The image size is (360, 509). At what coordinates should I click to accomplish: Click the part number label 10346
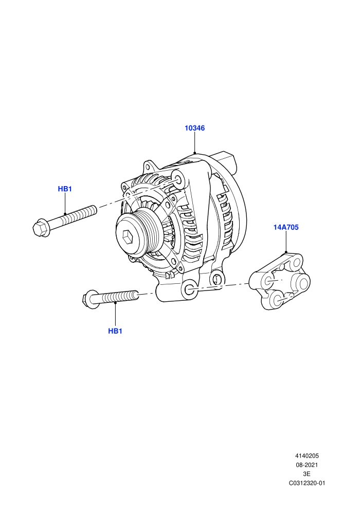click(195, 128)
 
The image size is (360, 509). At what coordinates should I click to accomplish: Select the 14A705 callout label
click(285, 227)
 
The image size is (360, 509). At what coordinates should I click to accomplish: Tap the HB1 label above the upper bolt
click(65, 189)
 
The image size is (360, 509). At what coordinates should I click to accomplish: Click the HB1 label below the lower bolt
click(115, 331)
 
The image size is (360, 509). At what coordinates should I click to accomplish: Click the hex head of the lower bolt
click(88, 299)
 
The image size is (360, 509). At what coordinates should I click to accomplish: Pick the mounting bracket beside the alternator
click(279, 281)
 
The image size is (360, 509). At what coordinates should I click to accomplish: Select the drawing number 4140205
click(307, 456)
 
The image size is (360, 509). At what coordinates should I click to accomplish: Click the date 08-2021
click(307, 465)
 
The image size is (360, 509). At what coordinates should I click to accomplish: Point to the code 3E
click(307, 474)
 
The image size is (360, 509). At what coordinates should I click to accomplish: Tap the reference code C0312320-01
click(307, 483)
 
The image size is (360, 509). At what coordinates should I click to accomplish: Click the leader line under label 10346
click(195, 142)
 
